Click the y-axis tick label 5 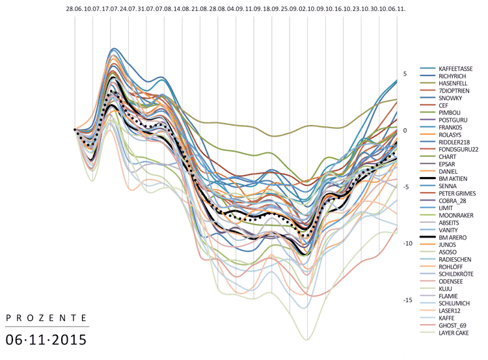405,74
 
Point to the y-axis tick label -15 407,300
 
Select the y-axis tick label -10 407,243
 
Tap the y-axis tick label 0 405,130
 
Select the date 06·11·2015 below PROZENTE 46,340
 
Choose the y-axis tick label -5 405,187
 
